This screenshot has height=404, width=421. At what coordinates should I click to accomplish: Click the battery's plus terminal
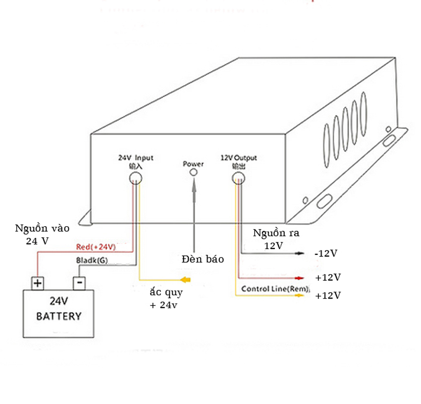pos(38,283)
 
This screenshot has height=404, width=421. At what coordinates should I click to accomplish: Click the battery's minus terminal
pos(79,283)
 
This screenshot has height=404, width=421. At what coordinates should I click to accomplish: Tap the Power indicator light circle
pos(194,173)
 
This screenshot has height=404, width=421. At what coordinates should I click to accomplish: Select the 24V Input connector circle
pos(136,178)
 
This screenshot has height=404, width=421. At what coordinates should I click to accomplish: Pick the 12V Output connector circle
pos(238,178)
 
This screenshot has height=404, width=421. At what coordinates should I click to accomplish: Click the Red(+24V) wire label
pos(96,247)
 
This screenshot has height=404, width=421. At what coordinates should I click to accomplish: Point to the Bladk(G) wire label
pos(92,260)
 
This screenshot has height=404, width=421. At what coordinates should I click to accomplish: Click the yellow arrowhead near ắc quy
pos(185,280)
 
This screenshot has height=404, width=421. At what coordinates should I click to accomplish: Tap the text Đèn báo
pos(203,259)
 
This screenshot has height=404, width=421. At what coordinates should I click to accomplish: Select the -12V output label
pos(326,253)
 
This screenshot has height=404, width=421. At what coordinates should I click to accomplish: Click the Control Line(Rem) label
pos(275,289)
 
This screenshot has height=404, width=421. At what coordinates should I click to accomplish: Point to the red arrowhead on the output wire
pos(299,278)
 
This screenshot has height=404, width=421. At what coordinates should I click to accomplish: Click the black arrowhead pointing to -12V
pos(299,253)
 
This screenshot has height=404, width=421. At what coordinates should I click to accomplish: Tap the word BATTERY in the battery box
pos(59,316)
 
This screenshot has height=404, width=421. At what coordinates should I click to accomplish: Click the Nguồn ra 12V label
pos(276,239)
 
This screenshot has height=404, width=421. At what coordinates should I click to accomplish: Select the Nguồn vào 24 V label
pos(42,235)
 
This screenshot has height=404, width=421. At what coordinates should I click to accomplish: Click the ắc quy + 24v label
pos(166,299)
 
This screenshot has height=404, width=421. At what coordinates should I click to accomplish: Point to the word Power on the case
pos(193,164)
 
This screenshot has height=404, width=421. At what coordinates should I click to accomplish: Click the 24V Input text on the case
pos(136,157)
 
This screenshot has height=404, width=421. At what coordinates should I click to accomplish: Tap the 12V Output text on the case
pos(239,157)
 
